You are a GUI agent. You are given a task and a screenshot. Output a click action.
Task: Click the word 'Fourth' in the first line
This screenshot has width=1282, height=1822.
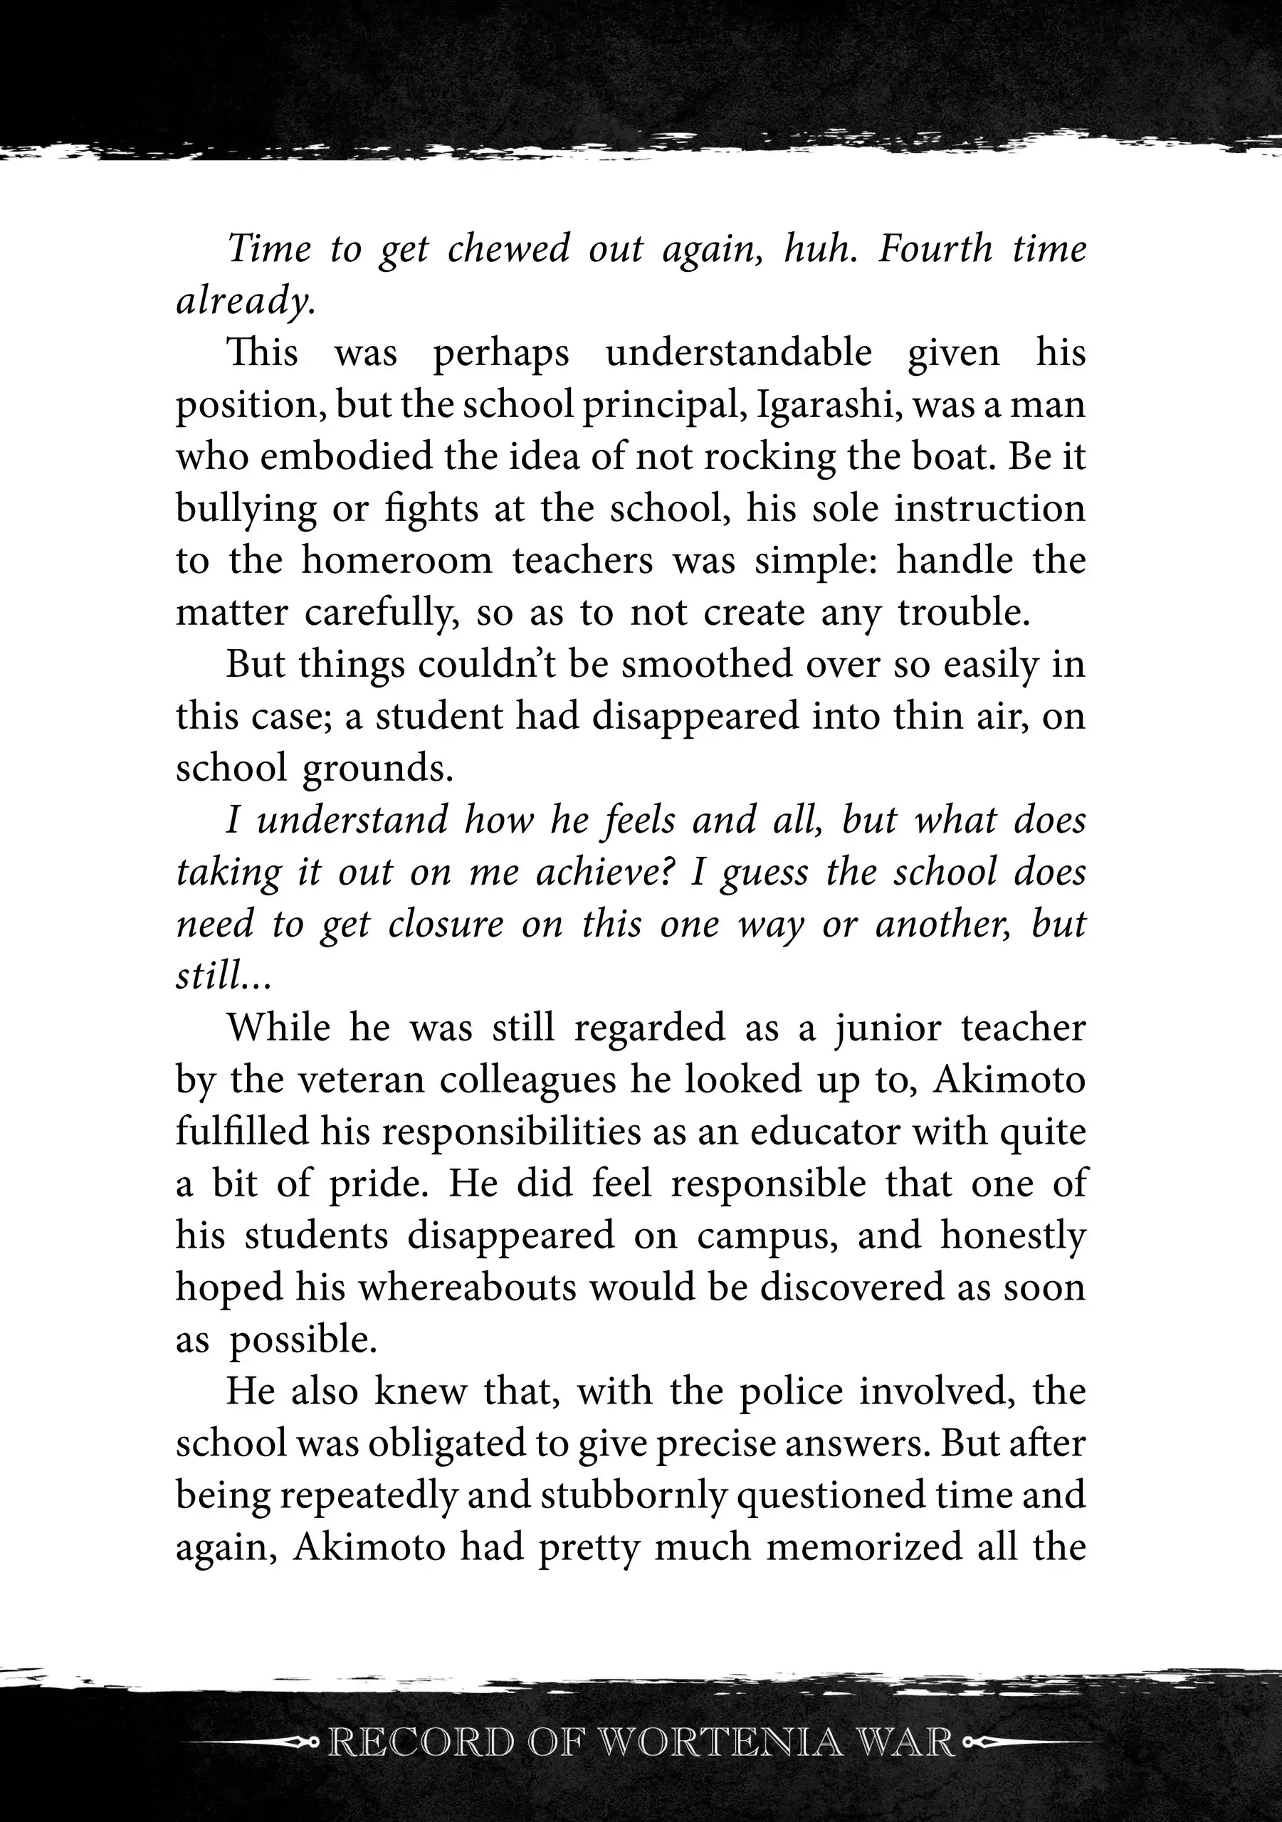[x=935, y=249]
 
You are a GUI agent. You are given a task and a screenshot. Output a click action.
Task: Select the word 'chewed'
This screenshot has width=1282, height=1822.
[x=508, y=249]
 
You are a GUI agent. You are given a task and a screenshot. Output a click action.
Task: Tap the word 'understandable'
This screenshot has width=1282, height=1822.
[x=738, y=353]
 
